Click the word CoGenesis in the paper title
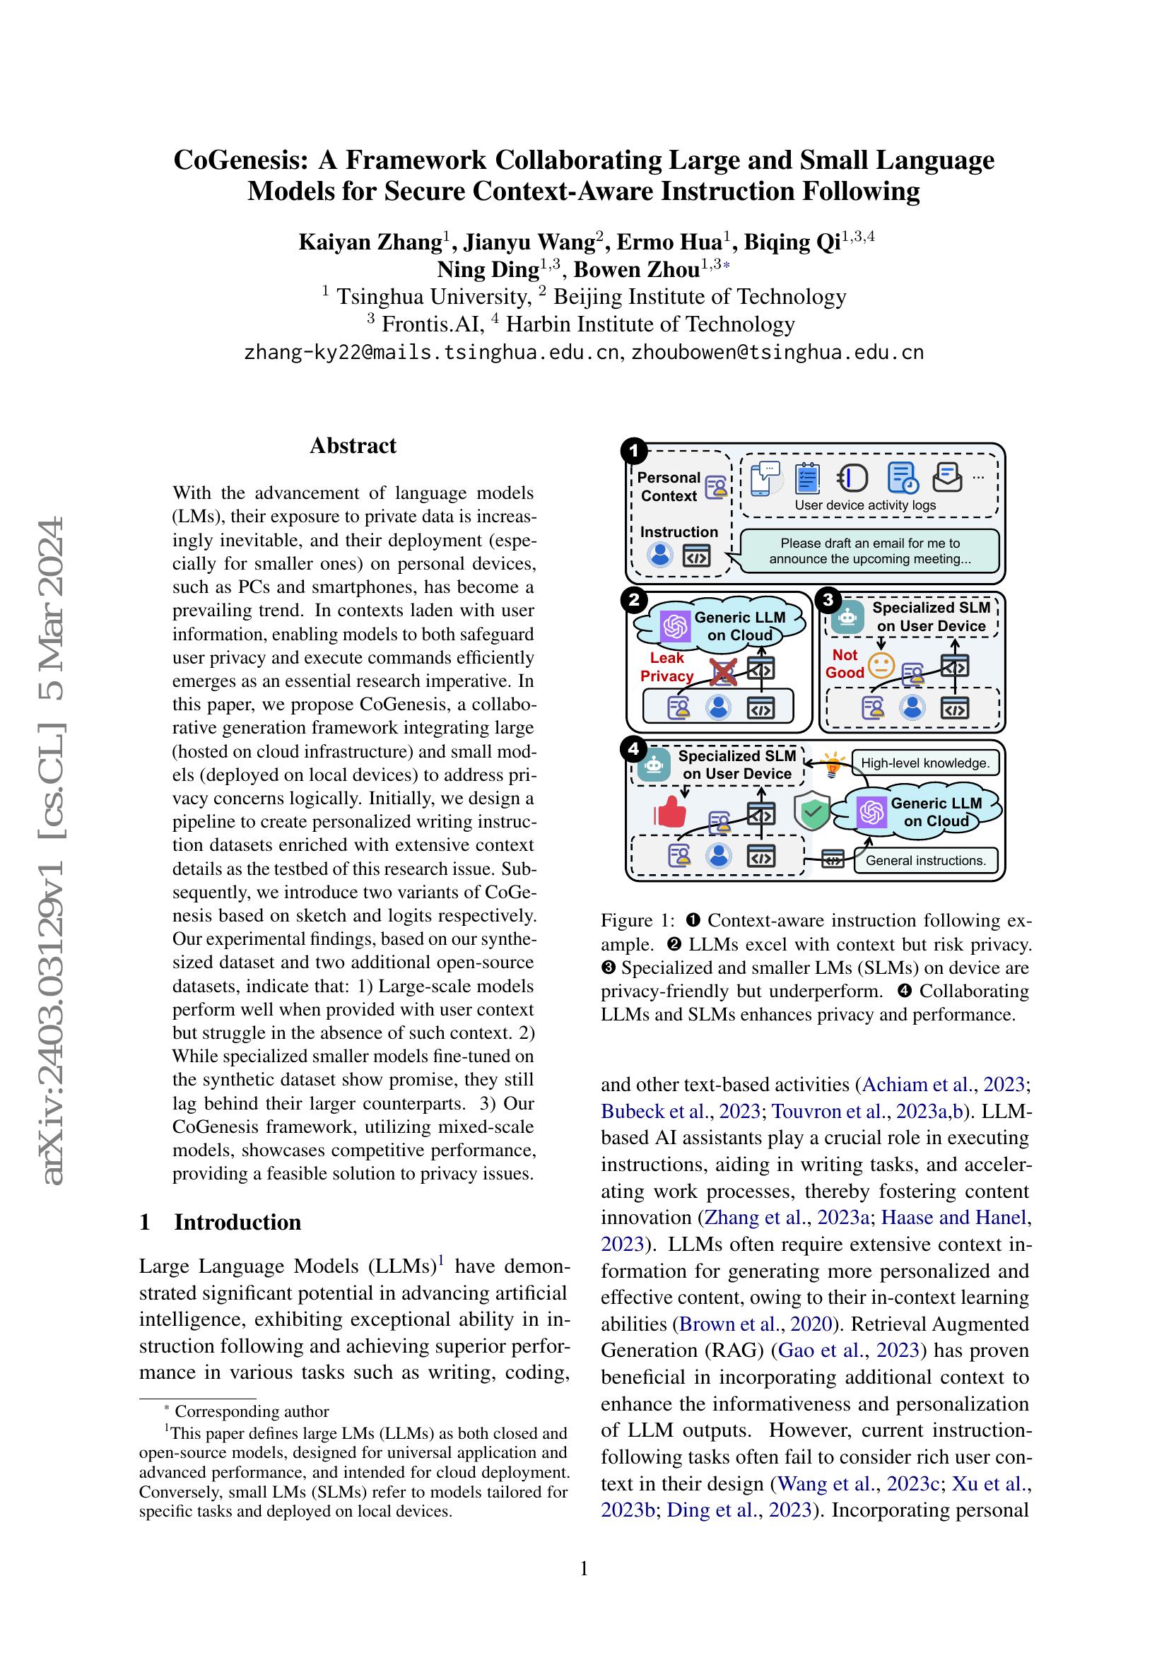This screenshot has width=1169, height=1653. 240,160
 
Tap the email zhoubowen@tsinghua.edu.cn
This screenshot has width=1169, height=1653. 777,353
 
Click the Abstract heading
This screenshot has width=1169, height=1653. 353,446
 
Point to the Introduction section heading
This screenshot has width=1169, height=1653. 237,1222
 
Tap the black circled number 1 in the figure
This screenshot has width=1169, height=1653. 634,452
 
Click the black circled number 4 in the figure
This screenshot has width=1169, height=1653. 634,749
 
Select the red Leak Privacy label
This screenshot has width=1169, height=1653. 666,666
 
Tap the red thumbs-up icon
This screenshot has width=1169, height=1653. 669,812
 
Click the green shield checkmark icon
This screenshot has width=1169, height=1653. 812,812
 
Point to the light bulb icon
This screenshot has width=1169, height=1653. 833,764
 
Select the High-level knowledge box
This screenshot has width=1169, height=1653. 925,763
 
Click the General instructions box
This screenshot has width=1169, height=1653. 925,860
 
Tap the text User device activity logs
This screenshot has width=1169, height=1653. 864,505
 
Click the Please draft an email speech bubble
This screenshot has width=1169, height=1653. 869,551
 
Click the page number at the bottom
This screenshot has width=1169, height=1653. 584,1568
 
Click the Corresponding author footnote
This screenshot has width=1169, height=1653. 251,1411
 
